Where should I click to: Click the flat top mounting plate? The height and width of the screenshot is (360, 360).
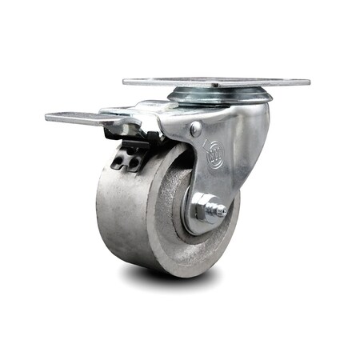click(x=216, y=82)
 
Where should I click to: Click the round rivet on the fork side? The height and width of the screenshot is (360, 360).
click(x=196, y=128)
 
